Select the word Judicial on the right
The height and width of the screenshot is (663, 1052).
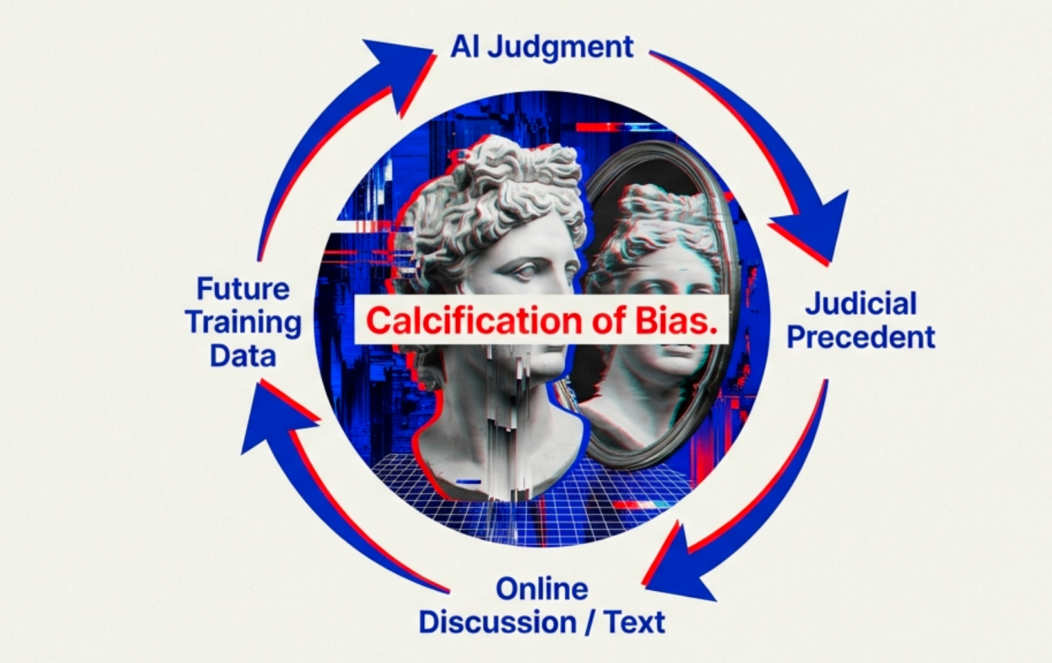click(861, 303)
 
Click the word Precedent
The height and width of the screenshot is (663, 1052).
click(861, 337)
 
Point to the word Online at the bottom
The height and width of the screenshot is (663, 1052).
click(541, 589)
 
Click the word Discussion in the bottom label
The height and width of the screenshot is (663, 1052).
click(497, 622)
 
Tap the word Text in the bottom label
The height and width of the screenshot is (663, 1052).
click(634, 622)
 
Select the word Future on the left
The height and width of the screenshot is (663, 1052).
click(243, 288)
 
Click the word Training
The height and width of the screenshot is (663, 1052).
click(243, 322)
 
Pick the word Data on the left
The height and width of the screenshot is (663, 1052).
click(243, 355)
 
